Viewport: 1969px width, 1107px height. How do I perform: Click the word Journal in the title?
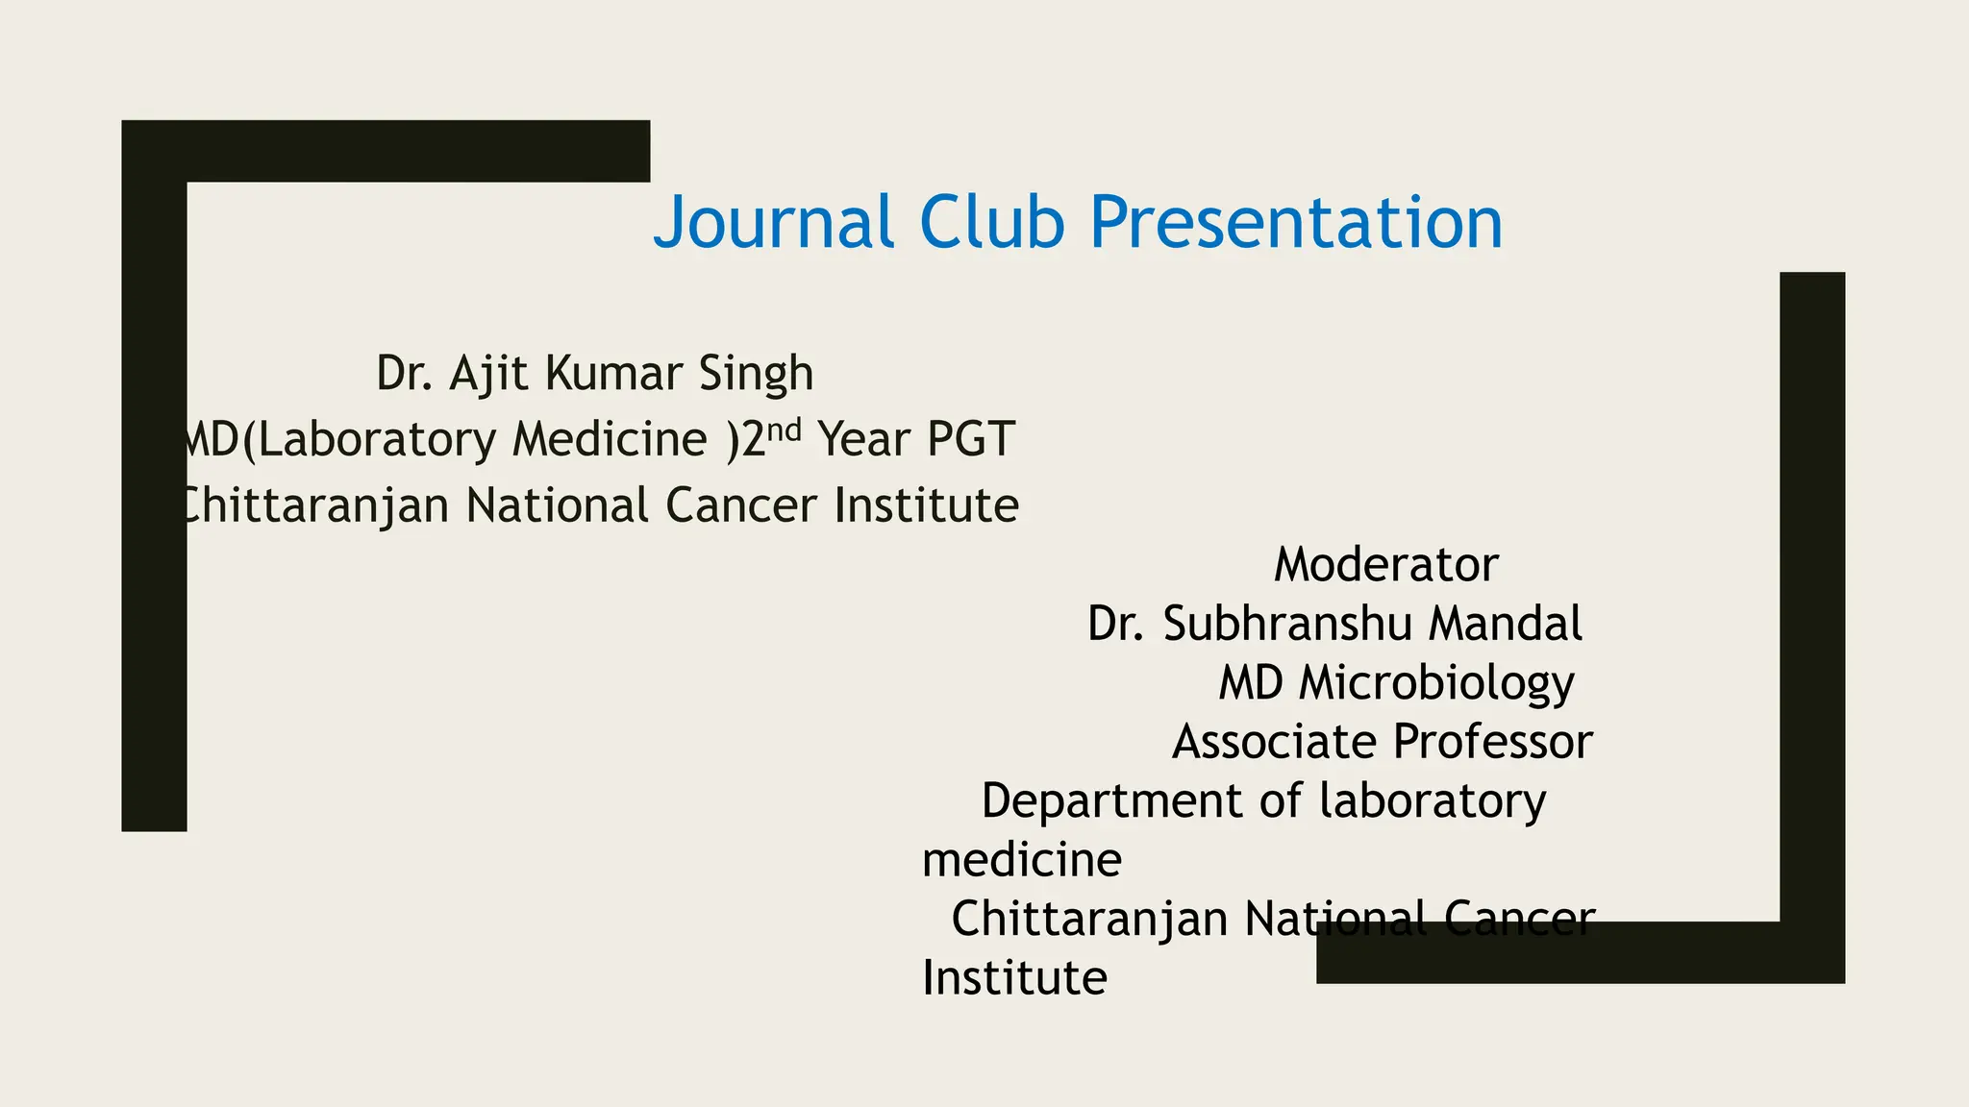click(774, 222)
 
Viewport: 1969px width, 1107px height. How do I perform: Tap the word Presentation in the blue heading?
click(1295, 222)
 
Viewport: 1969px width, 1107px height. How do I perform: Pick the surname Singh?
click(756, 373)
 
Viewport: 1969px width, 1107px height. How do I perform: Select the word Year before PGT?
click(862, 439)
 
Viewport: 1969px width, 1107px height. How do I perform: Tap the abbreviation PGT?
click(970, 439)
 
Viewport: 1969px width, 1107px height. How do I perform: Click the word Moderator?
click(1385, 564)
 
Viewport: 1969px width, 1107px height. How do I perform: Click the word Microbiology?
click(1436, 683)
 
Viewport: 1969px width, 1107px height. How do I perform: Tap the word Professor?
click(1492, 742)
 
